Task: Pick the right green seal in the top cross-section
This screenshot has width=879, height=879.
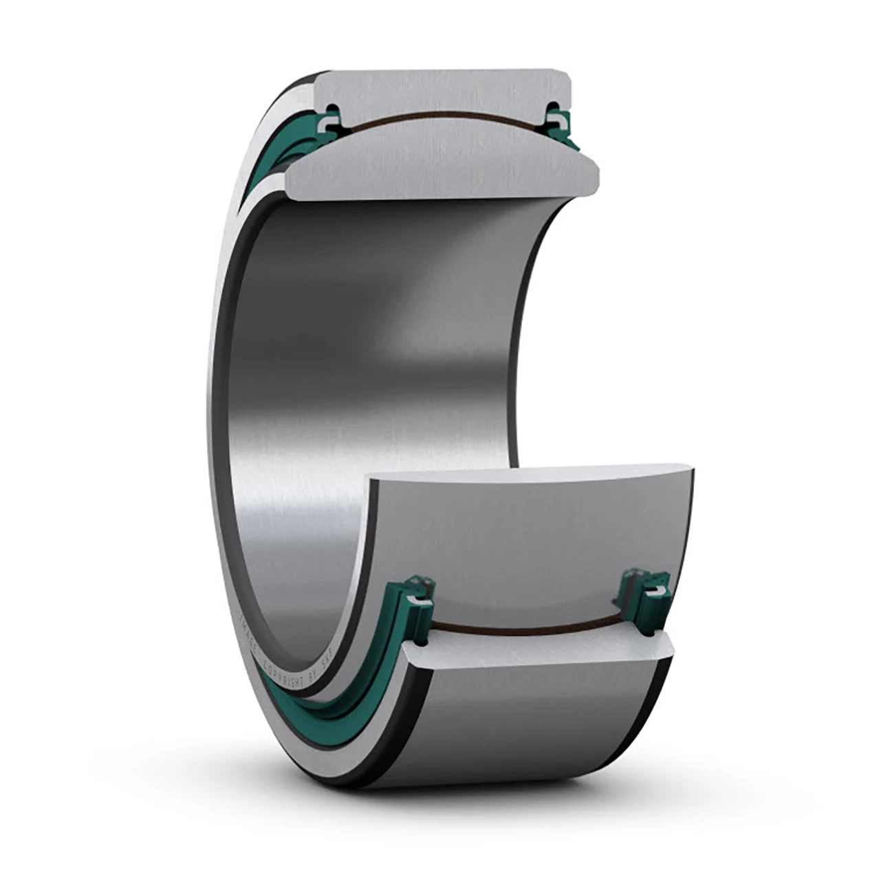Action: tap(558, 118)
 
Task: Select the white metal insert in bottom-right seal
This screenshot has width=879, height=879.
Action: tap(659, 592)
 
